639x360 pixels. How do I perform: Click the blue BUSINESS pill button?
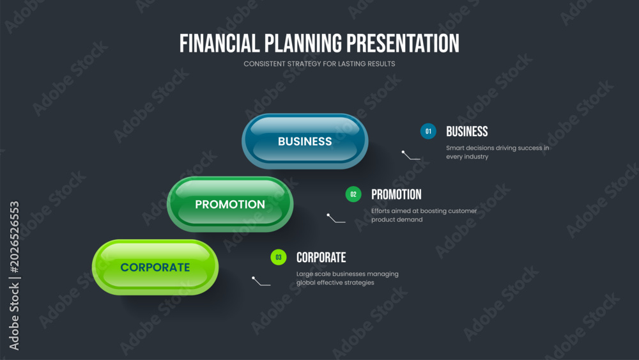[305, 141]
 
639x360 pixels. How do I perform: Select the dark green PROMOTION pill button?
[230, 204]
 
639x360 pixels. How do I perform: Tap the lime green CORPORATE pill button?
[155, 267]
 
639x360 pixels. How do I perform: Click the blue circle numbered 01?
[428, 131]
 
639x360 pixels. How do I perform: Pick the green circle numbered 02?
[353, 194]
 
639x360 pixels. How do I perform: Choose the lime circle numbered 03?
[279, 257]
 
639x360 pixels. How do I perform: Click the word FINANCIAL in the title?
[219, 43]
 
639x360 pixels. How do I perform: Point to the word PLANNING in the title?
[303, 43]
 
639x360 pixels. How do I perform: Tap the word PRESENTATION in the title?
[403, 43]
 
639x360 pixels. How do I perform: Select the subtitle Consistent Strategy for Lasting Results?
[319, 64]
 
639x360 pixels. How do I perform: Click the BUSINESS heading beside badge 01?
[467, 131]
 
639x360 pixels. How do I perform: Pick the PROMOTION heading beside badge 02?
[396, 194]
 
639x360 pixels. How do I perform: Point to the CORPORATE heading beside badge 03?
[321, 257]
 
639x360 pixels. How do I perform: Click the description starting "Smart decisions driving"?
[498, 152]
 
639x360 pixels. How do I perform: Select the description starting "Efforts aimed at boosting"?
[424, 215]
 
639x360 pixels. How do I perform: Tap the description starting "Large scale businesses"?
[347, 278]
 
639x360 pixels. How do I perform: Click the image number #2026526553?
[14, 237]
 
